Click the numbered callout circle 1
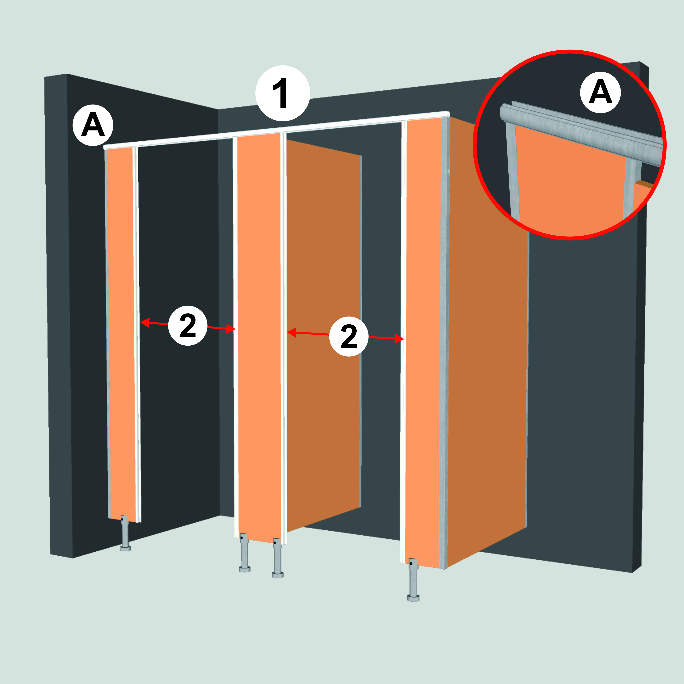[282, 93]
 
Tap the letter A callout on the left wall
[93, 125]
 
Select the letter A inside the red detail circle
[600, 93]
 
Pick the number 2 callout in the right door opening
[349, 336]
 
